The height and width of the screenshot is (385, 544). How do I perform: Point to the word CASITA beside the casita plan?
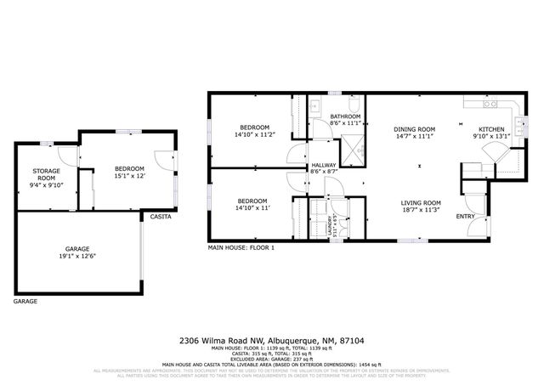coord(161,218)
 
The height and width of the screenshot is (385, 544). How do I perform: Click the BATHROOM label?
coord(346,116)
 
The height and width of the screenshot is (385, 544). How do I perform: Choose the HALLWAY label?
coord(324,166)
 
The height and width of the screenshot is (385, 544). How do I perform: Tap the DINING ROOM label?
coord(415,129)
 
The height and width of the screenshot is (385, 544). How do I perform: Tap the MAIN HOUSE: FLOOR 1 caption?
coord(241,247)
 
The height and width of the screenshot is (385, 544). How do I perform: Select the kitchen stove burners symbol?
coord(490,105)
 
